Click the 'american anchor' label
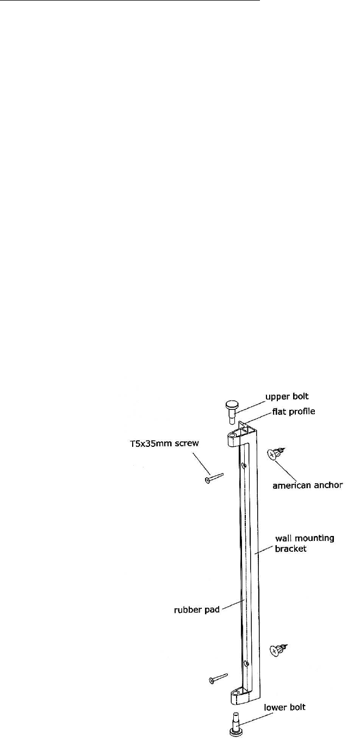coord(307,484)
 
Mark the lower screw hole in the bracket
coord(246,663)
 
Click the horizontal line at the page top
coord(131,1)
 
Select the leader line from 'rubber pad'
coord(233,605)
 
